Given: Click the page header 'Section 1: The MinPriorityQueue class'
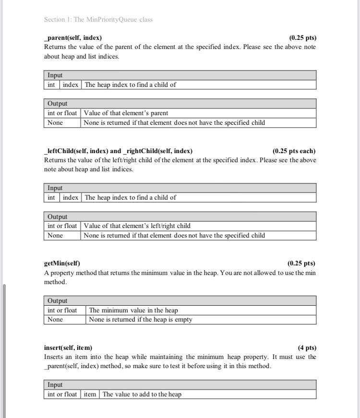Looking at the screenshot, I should pos(98,20).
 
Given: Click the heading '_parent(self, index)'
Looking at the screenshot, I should pos(73,37).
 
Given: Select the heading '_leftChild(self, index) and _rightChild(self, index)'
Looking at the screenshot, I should pos(118,151).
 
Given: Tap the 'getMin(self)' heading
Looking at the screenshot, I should pos(62,263).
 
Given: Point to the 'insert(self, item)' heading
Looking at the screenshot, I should pos(68,347).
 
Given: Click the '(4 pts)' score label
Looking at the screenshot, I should pos(307,347).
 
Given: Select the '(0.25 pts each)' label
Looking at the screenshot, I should pos(294,151).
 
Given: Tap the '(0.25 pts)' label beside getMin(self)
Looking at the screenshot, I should pos(301,263).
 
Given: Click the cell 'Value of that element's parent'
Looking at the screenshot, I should pos(126,113).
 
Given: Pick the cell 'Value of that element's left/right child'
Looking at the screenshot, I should pos(137,226).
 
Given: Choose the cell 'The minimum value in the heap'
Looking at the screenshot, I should pos(133,310).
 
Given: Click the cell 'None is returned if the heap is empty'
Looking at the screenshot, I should pos(141,319).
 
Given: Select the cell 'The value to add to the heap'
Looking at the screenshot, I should pos(142,394).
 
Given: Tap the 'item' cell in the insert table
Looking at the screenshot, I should pos(90,394).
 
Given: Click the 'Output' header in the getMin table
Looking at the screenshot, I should pos(58,301).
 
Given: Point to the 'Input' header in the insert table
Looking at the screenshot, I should pos(55,385).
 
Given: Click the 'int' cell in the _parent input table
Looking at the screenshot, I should pos(51,85).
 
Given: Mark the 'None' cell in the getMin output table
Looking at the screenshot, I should pos(55,319).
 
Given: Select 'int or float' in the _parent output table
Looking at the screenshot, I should pos(62,113).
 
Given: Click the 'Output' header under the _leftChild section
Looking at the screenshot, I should pos(58,216).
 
